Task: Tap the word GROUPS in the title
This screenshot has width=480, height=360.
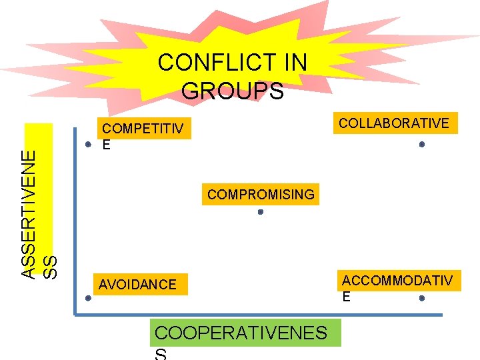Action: (232, 91)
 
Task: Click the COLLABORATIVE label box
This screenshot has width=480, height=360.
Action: (394, 123)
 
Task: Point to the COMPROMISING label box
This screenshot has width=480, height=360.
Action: (261, 195)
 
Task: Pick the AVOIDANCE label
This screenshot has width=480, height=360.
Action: (137, 285)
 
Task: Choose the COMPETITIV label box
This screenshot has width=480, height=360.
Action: (143, 128)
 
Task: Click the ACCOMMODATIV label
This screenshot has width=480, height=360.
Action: (397, 281)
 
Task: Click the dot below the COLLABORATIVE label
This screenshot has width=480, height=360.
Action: (421, 144)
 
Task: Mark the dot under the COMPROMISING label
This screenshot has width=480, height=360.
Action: (261, 212)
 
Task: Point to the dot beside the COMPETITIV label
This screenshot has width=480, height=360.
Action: (88, 144)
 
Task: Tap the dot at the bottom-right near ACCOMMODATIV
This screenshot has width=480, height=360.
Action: (422, 299)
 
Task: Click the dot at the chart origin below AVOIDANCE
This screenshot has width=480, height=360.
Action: (88, 299)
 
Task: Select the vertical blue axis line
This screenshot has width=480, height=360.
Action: (75, 220)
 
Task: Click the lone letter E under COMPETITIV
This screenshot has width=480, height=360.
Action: (106, 144)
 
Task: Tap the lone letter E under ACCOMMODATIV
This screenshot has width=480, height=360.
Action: (346, 297)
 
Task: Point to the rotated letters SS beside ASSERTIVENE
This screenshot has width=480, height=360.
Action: (50, 267)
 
